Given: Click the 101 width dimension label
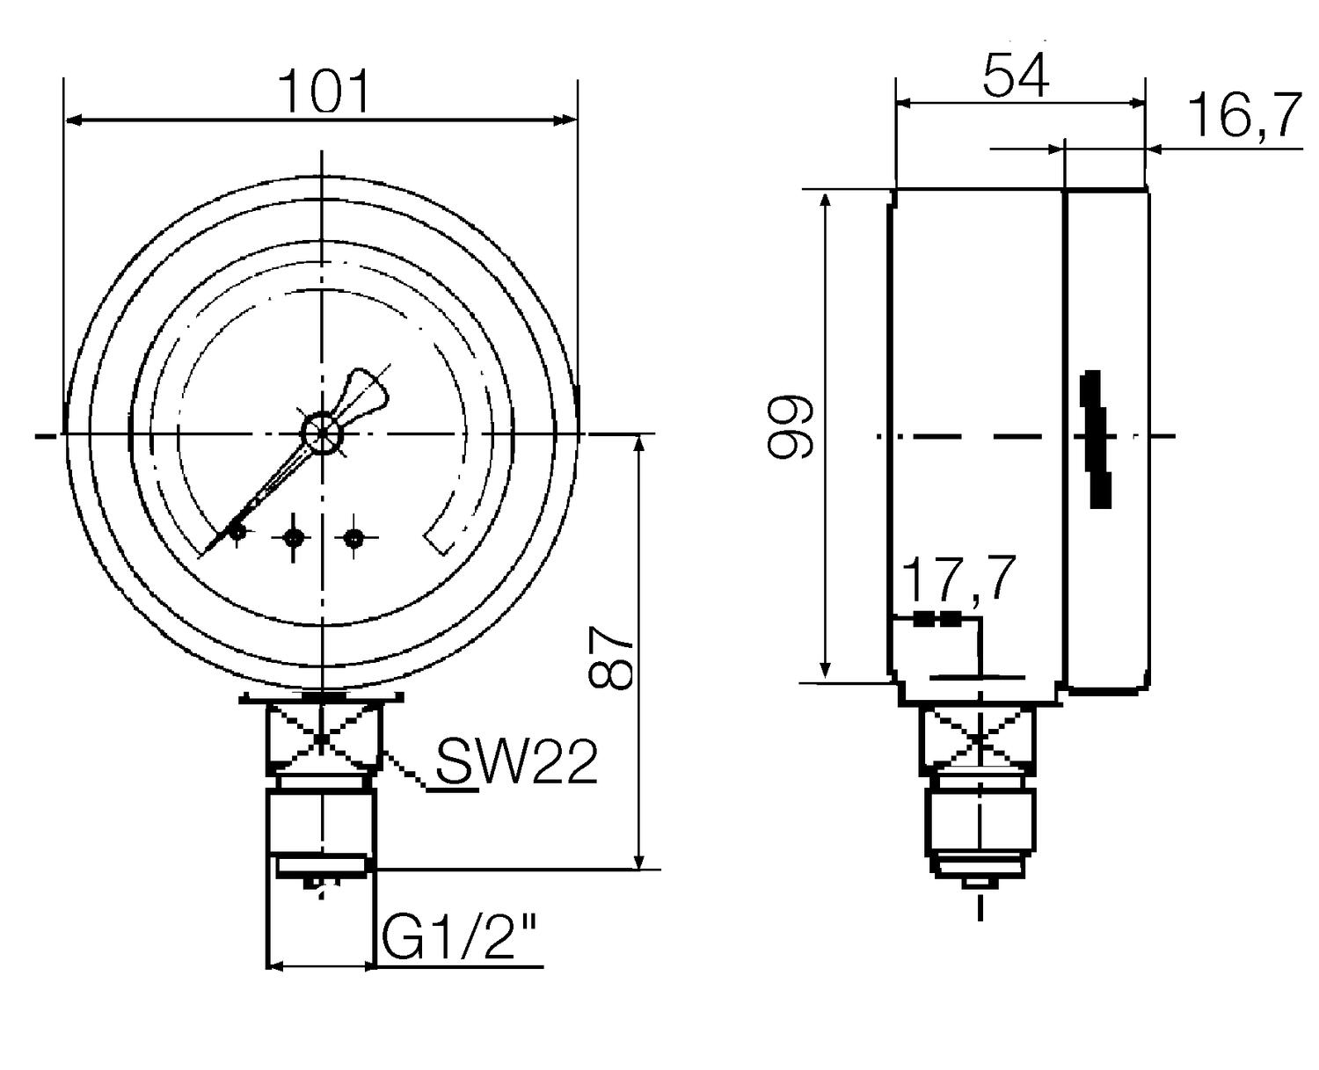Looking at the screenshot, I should pyautogui.click(x=324, y=91).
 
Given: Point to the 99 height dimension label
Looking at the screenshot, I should pyautogui.click(x=790, y=427).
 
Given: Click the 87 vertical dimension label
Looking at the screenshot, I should pyautogui.click(x=609, y=658).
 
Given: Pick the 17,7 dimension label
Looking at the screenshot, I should pyautogui.click(x=958, y=579).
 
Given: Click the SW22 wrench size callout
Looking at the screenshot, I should pyautogui.click(x=516, y=761).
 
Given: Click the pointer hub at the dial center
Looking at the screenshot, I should pyautogui.click(x=323, y=433).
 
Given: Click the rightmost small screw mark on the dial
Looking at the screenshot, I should pyautogui.click(x=354, y=538).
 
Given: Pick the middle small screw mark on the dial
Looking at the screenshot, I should pyautogui.click(x=293, y=538).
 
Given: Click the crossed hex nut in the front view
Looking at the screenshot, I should pyautogui.click(x=323, y=739).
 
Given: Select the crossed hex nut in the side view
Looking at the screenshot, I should pyautogui.click(x=979, y=738).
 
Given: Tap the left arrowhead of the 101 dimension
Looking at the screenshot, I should pyautogui.click(x=75, y=120).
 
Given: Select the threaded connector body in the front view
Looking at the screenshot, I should pyautogui.click(x=323, y=822).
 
